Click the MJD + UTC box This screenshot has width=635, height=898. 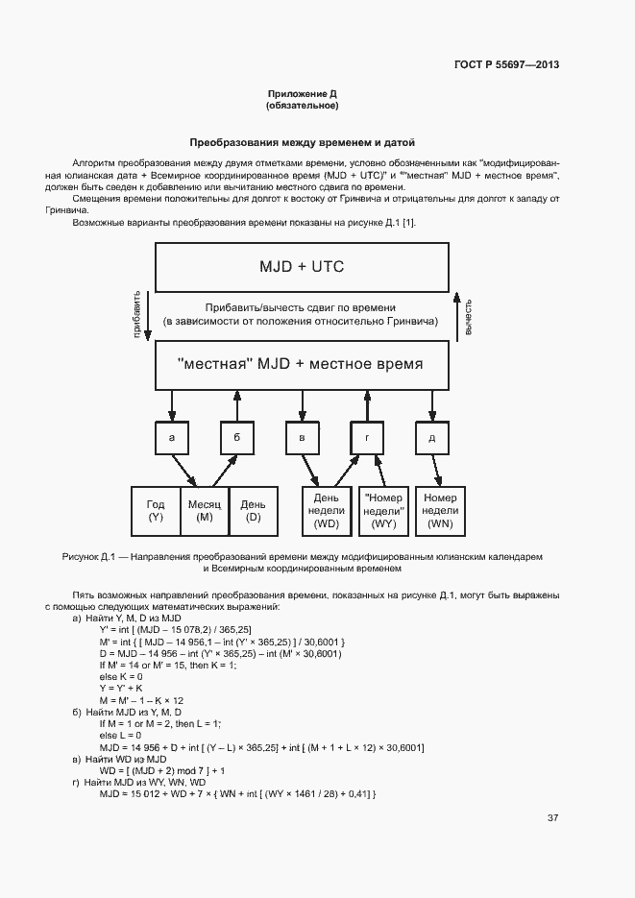point(302,266)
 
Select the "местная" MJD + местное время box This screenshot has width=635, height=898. point(302,366)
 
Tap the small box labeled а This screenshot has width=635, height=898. point(172,438)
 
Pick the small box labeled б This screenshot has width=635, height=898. point(236,438)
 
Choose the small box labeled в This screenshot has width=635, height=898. point(302,438)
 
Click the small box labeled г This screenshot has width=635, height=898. point(367,438)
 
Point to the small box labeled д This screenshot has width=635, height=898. point(432,438)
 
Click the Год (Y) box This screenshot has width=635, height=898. point(156,511)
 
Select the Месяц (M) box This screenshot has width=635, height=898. point(205,511)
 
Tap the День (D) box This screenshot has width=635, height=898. point(254,511)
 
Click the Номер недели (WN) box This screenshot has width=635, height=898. point(440,511)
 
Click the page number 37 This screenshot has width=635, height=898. point(552,818)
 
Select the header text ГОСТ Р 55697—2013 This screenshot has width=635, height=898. point(507,65)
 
